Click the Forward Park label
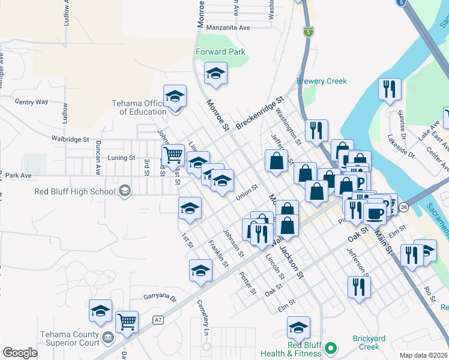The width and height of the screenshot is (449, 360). point(221,52)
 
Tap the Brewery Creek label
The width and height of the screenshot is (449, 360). point(322,81)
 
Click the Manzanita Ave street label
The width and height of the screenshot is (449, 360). point(228,28)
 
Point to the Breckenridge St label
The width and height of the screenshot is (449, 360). point(259,112)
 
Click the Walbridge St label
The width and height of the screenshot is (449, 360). point(70,139)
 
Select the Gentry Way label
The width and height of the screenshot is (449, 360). point(31,102)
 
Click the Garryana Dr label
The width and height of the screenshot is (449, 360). point(160,297)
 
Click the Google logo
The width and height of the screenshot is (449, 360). point(20,353)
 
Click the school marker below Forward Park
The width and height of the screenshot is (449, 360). point(216,74)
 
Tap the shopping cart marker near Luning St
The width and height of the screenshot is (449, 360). point(173,155)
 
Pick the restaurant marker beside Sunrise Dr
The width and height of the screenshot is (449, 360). point(390,89)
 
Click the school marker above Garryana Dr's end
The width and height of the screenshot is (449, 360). point(100,310)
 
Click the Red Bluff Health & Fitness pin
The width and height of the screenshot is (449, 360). point(330,347)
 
